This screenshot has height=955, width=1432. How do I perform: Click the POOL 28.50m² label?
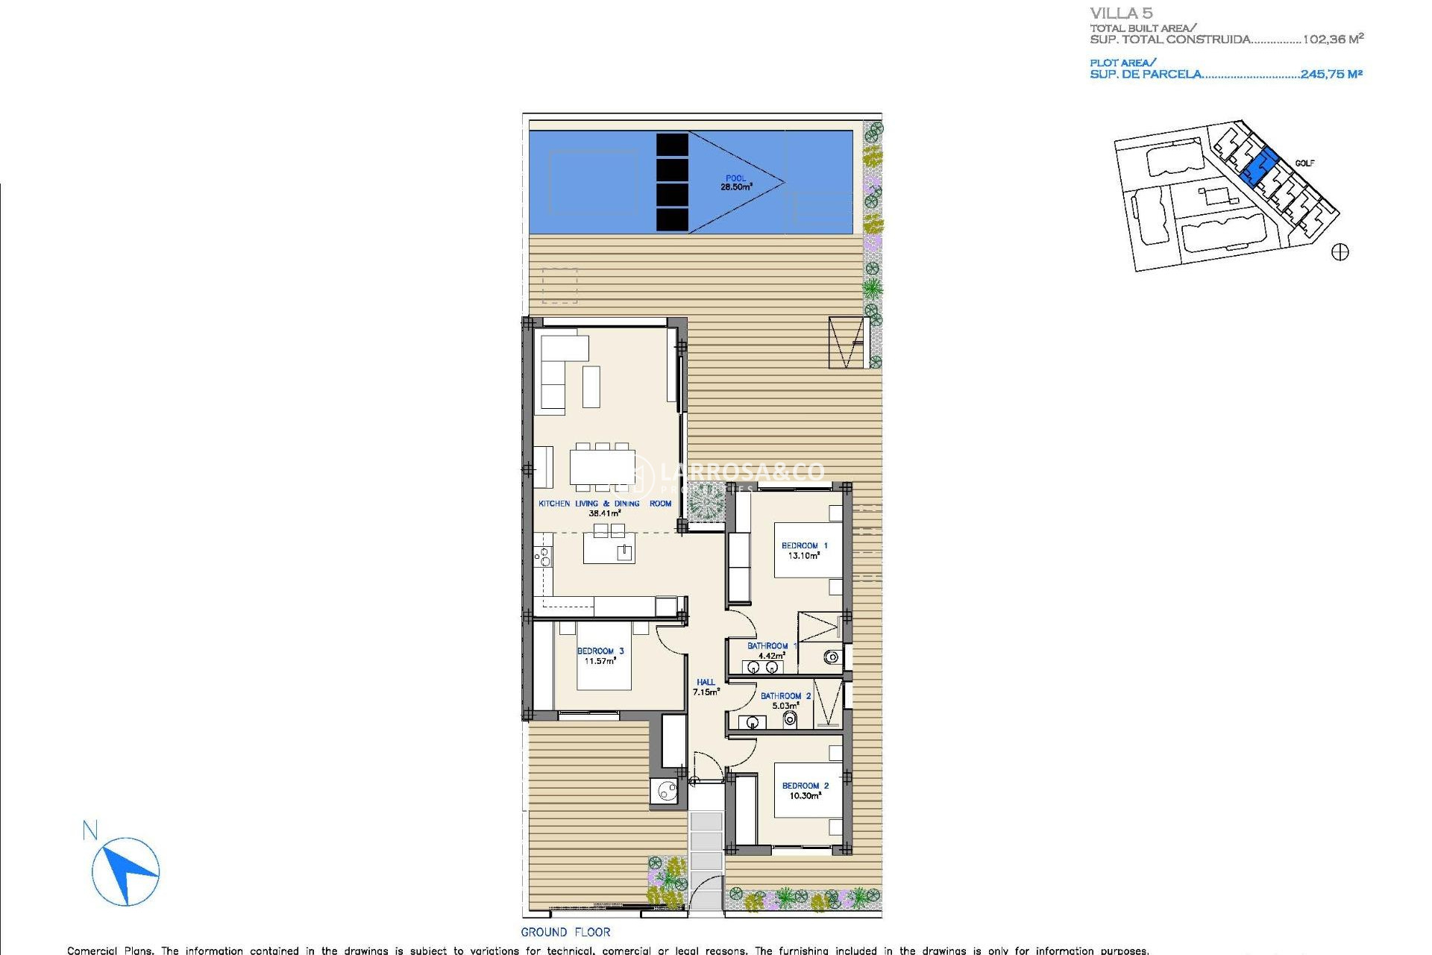tap(735, 183)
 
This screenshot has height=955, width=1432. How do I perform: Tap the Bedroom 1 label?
tap(804, 551)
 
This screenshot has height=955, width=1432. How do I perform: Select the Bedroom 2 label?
tap(805, 791)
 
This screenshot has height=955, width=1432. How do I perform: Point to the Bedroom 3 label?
tap(600, 656)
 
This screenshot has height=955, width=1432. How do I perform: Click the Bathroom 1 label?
tap(769, 651)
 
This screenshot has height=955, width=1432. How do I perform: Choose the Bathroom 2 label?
tap(785, 701)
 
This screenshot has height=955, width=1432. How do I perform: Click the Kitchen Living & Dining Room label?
tap(605, 508)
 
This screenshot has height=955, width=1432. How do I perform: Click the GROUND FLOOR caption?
tap(565, 932)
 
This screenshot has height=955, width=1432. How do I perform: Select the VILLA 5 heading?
tap(1121, 13)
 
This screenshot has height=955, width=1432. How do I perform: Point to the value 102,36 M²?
tap(1333, 39)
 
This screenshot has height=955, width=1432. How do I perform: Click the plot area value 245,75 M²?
tap(1331, 74)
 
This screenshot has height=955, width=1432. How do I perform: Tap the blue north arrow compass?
tap(126, 871)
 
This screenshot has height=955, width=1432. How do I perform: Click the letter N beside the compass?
tap(90, 830)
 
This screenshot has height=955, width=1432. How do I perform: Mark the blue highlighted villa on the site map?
tap(1259, 166)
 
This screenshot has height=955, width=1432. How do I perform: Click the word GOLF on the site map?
tap(1304, 163)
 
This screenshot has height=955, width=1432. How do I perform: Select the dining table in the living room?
tap(602, 467)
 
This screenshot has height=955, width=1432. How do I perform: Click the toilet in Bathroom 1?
tap(832, 657)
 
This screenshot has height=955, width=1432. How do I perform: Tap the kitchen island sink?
tap(624, 552)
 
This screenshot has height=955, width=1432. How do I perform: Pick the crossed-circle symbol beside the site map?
tap(1340, 252)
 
